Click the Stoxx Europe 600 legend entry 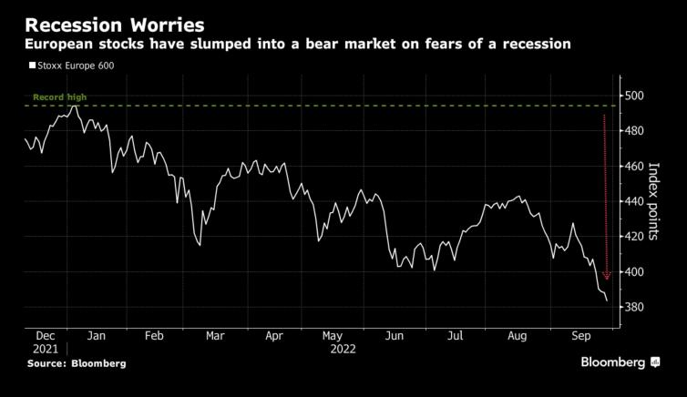point(77,66)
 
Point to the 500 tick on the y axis point(634,96)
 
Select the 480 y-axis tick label point(634,131)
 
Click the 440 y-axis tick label point(634,201)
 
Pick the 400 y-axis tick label point(634,272)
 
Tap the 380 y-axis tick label point(634,308)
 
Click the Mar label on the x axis point(215,336)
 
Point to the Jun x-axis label point(395,336)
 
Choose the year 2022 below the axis point(343,349)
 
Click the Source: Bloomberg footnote point(77,363)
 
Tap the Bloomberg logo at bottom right point(620,362)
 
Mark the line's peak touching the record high point(75,107)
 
